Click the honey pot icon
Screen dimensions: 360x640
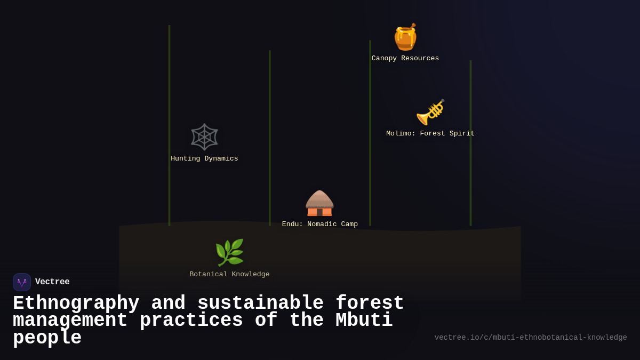[x=405, y=37]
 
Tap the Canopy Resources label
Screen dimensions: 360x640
[x=405, y=59]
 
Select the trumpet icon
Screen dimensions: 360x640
[x=430, y=112]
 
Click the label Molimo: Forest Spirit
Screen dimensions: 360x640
[x=430, y=134]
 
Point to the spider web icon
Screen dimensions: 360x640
[x=204, y=137]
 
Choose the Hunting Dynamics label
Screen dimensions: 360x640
[x=204, y=159]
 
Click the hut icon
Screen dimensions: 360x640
[x=319, y=203]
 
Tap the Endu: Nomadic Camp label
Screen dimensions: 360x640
[x=320, y=225]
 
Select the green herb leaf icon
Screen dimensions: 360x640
[x=229, y=252]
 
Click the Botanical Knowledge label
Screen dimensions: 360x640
[x=229, y=275]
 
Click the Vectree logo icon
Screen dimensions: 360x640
[x=22, y=282]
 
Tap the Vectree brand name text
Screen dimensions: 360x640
[x=52, y=282]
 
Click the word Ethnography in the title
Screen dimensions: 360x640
[x=76, y=303]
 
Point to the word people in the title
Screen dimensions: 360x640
[x=47, y=338]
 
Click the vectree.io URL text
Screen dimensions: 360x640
[x=531, y=338]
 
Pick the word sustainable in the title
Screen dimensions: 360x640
[x=260, y=303]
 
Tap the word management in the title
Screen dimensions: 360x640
[x=70, y=321]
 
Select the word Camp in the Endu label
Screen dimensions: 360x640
[x=347, y=225]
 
